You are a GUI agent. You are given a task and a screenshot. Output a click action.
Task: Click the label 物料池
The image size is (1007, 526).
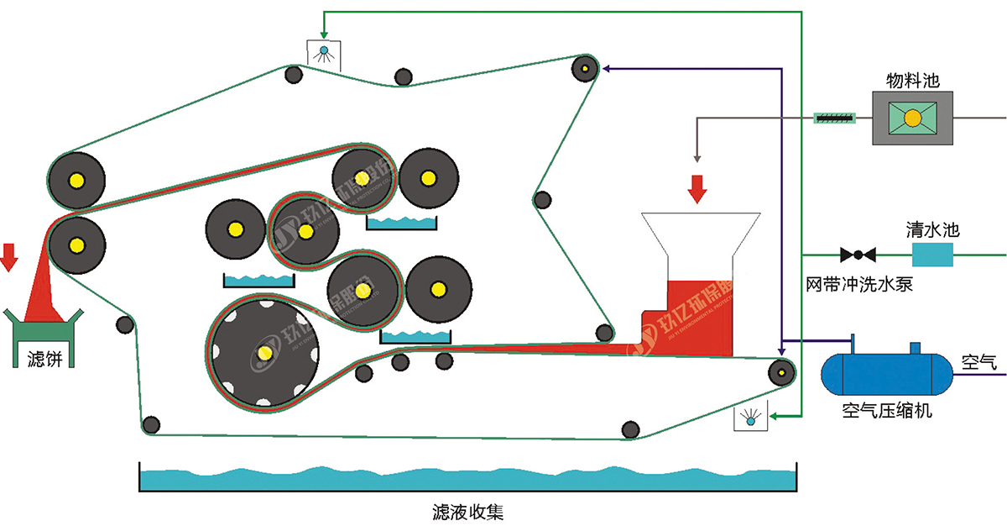[911, 81]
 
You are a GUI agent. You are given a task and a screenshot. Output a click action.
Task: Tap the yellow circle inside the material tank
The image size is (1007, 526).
[911, 118]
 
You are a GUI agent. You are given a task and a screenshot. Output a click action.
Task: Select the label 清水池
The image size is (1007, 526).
[932, 229]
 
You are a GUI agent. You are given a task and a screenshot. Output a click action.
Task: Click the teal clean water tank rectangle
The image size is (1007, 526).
[933, 254]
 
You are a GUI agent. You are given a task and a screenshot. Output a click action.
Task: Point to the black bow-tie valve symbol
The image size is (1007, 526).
[858, 254]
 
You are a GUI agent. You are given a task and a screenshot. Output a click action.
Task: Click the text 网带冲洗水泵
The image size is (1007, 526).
[858, 285]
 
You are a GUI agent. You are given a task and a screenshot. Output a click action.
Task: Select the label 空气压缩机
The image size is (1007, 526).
[887, 412]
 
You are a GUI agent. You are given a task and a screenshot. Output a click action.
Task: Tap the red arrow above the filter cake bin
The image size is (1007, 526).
[9, 257]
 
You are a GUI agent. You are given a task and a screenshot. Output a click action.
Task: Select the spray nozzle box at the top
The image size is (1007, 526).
[322, 55]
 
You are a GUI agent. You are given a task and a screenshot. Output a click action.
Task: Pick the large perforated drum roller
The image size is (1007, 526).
[265, 352]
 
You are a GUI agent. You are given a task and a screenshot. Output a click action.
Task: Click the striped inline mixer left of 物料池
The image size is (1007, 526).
[835, 118]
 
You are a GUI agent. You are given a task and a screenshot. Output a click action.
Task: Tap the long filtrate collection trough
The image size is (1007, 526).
[468, 480]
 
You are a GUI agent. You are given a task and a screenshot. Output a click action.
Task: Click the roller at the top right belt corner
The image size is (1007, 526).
[583, 67]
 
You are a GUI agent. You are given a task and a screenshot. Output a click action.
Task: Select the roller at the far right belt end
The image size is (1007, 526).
[782, 371]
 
